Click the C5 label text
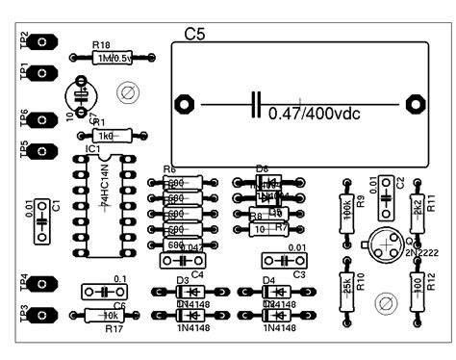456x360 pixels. (194, 35)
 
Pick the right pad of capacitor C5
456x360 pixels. (416, 102)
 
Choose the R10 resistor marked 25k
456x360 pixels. (346, 285)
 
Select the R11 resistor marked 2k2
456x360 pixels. (418, 206)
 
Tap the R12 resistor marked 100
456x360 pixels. (418, 285)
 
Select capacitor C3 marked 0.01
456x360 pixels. (285, 261)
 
